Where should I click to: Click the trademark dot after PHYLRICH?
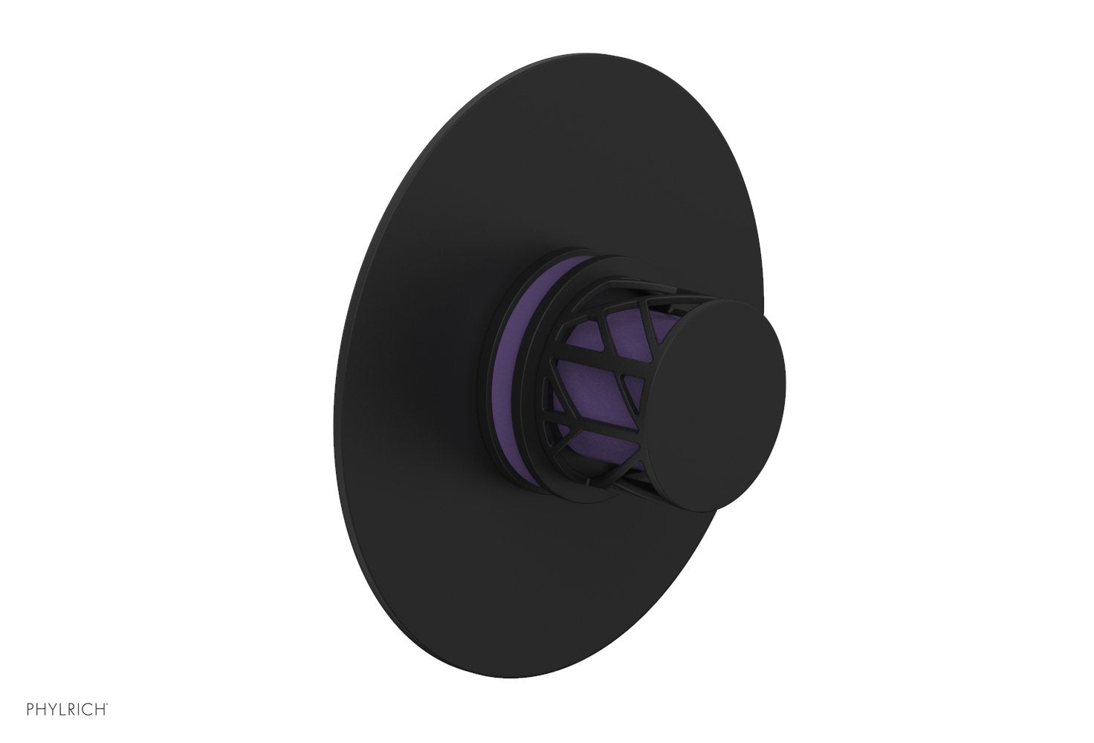(111, 719)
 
